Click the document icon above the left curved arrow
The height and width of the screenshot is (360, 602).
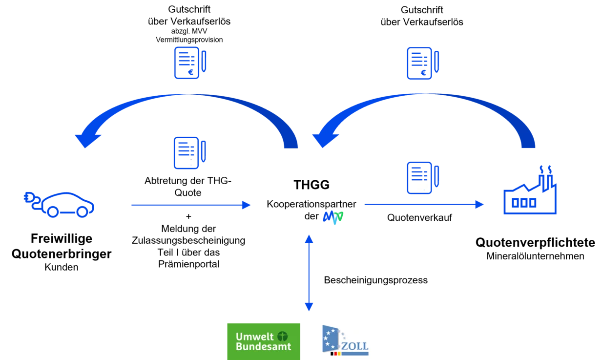tap(189, 63)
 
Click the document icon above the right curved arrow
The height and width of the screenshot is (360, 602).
tap(423, 64)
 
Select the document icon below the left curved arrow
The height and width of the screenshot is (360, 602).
tap(189, 153)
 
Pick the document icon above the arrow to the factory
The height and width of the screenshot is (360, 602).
tap(423, 178)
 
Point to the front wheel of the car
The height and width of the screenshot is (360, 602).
tap(83, 212)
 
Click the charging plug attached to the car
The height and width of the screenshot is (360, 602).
tap(30, 199)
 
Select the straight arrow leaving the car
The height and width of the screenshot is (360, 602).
tap(190, 205)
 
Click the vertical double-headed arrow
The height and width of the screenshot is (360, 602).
tap(309, 273)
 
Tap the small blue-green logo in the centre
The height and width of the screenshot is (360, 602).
tap(333, 217)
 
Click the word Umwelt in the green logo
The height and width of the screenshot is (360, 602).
tap(254, 337)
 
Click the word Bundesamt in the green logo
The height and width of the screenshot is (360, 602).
tap(263, 347)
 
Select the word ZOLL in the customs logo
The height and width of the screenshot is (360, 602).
tap(355, 346)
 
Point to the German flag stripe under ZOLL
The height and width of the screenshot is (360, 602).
tap(335, 353)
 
